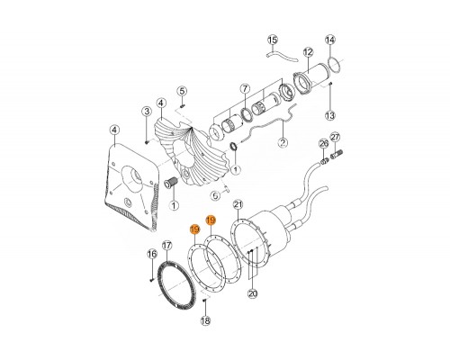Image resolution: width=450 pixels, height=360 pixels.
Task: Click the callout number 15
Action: point(273,40)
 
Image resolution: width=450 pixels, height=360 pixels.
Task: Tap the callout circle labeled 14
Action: point(330,40)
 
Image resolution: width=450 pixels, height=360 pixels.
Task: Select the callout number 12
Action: point(308,52)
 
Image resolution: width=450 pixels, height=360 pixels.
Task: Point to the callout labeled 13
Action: point(330,115)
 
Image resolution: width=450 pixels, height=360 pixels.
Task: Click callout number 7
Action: point(245,89)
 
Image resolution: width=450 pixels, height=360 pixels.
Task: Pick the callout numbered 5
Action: point(182,91)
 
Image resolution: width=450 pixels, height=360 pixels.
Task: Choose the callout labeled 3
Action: point(147,112)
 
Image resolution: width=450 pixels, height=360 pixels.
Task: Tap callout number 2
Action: point(283,142)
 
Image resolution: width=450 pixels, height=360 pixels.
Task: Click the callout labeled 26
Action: point(324,144)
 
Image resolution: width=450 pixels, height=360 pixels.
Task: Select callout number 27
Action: point(335,138)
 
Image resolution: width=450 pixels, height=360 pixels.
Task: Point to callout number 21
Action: point(238,205)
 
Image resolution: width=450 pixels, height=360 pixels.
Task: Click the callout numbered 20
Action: point(253,293)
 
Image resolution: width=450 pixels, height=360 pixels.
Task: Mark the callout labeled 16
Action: point(152,255)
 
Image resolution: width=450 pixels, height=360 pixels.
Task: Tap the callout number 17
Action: point(166,246)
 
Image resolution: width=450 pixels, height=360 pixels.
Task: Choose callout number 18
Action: point(205,321)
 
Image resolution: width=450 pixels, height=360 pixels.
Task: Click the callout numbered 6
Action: point(215,196)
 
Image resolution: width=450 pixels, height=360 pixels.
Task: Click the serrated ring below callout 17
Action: point(160,282)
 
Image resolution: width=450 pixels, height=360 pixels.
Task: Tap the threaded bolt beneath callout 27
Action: point(337,155)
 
